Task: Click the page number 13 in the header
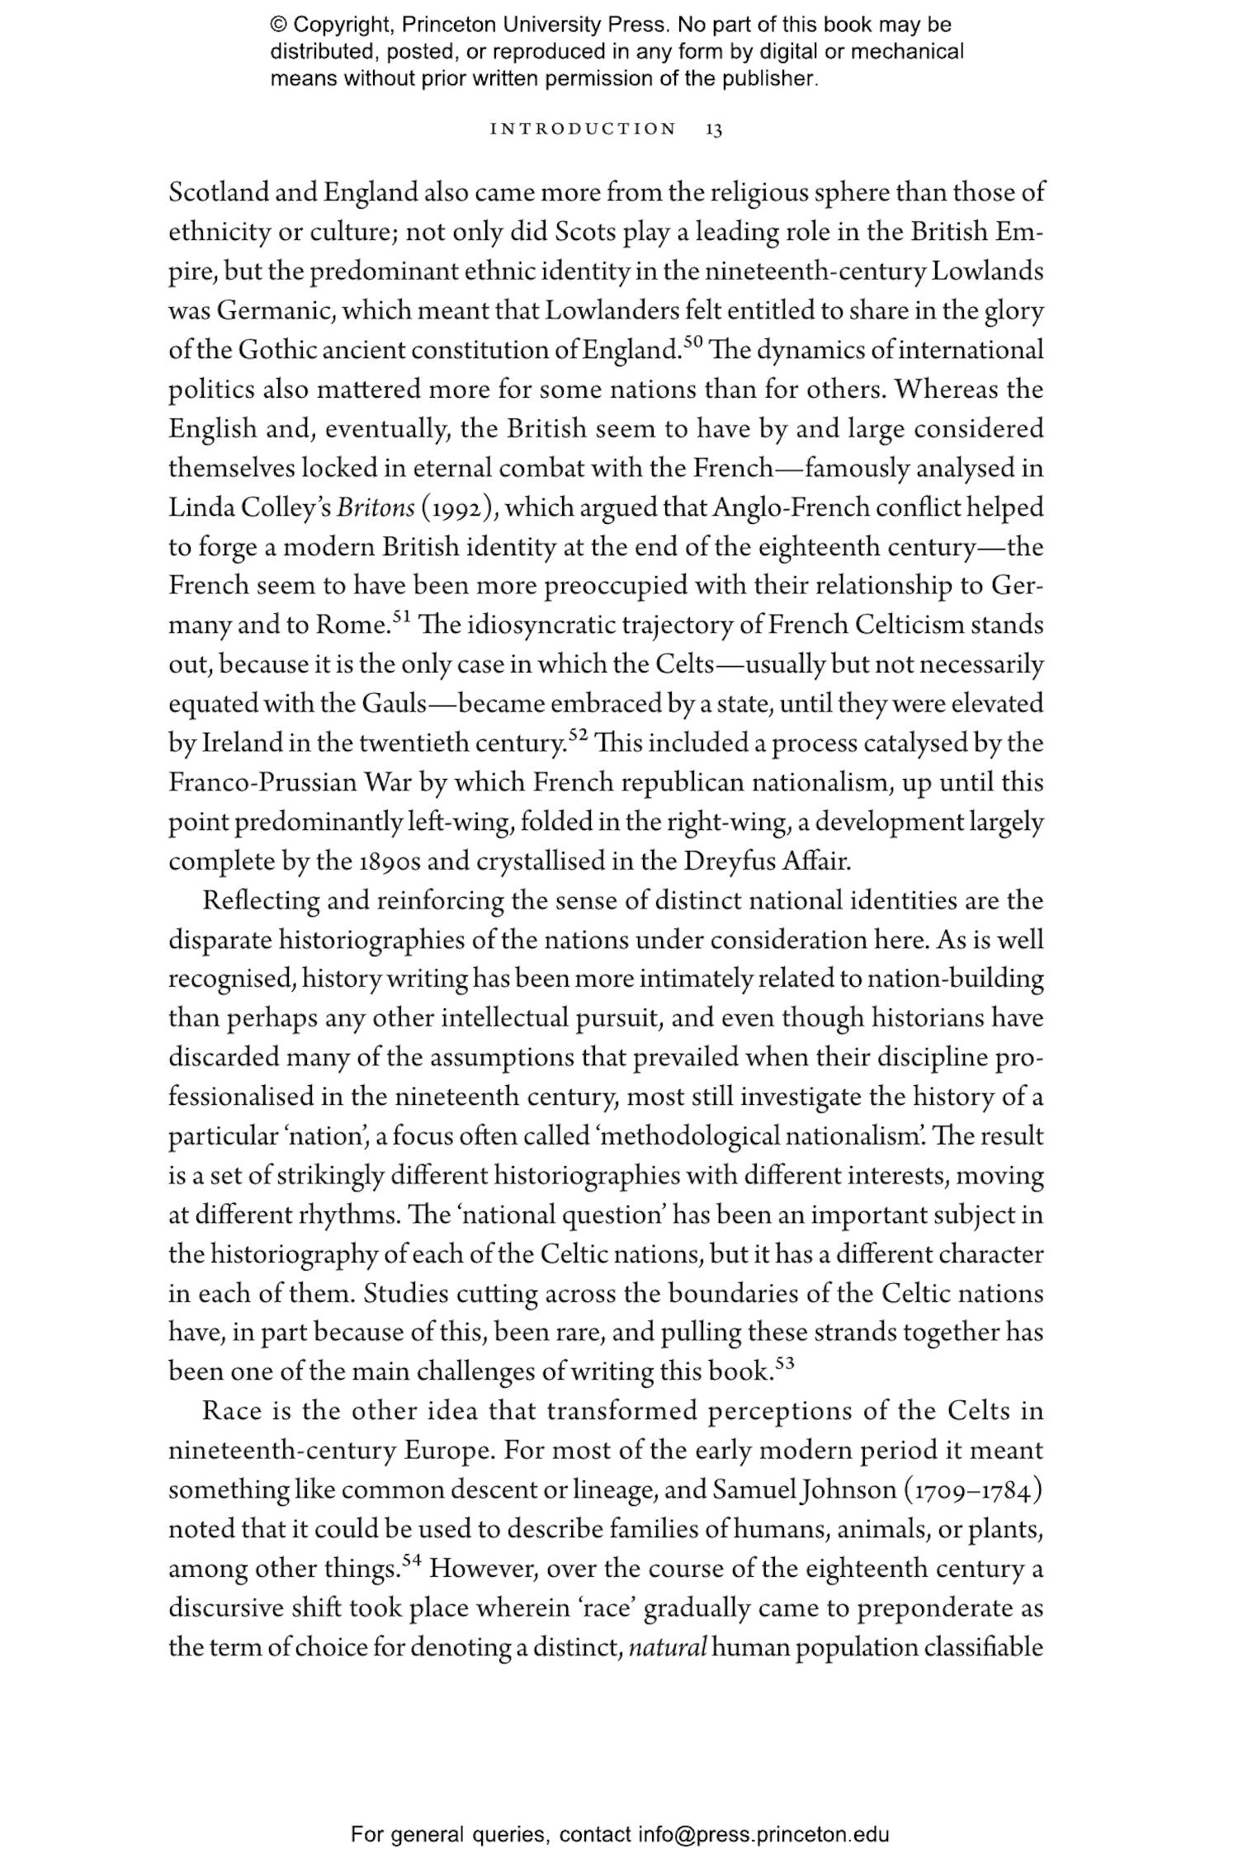coord(714,130)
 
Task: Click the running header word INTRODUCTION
coord(583,130)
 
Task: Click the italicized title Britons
coord(376,507)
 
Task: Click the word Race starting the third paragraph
coord(232,1411)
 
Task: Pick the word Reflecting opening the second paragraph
coord(260,901)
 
